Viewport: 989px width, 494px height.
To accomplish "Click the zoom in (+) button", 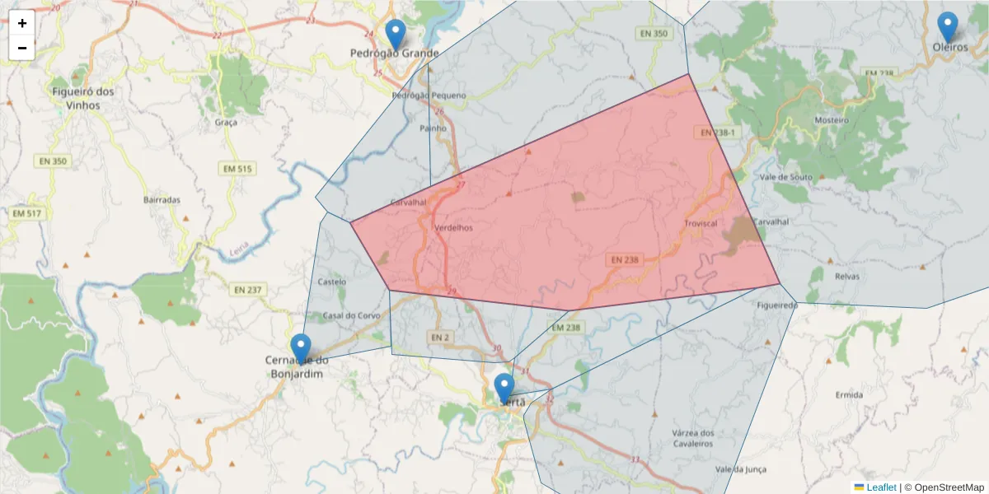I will click(22, 23).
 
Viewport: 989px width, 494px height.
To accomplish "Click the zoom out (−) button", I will click(22, 48).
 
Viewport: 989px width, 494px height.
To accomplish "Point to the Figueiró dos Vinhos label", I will click(82, 98).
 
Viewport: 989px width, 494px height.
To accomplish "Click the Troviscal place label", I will click(701, 224).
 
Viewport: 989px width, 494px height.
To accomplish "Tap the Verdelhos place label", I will click(453, 228).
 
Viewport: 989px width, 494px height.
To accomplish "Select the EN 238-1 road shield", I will click(717, 133).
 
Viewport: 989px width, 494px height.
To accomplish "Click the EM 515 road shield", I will click(237, 169).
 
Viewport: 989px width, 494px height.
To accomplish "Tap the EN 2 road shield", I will click(439, 337).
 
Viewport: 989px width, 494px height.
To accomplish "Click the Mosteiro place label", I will click(831, 120).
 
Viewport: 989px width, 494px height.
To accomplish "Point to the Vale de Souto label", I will click(786, 177).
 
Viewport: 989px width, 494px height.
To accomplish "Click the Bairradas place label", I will click(162, 199).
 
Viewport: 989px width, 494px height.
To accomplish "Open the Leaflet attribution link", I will click(880, 487).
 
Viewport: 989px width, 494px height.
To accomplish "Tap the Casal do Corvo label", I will click(351, 316).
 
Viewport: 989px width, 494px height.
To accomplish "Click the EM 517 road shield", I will click(26, 213).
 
